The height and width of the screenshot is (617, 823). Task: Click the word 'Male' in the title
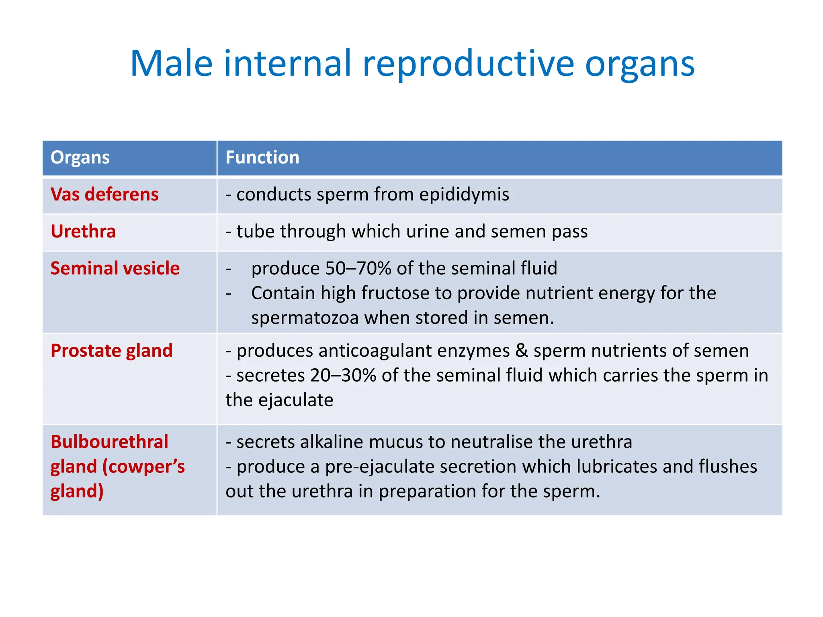[x=171, y=63]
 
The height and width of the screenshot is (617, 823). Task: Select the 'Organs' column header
[x=80, y=157]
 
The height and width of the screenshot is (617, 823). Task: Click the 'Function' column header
[x=262, y=157]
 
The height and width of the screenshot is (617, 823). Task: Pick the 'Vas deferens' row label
[x=104, y=194]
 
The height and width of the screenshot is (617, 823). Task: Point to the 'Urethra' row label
[x=83, y=231]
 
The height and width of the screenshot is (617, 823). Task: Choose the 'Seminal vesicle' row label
[x=115, y=268]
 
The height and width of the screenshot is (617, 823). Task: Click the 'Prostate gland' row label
[x=111, y=351]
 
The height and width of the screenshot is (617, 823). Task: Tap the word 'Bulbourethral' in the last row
[x=109, y=442]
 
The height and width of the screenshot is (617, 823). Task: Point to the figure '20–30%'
[x=343, y=376]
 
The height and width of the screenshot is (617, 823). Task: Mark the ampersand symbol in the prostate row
[x=521, y=351]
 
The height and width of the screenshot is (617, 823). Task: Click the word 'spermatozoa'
[x=305, y=318]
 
